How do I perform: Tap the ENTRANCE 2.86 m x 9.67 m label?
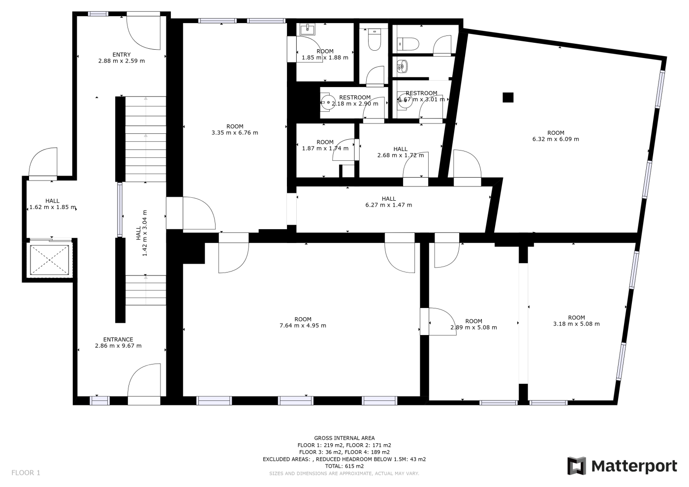119,342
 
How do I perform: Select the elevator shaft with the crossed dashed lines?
49,260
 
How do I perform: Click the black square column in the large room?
508,97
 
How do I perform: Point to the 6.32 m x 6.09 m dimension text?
556,139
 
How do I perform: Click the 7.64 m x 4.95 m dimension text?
303,326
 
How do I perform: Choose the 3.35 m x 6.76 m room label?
235,129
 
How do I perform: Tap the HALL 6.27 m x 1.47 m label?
388,202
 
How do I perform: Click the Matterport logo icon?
577,466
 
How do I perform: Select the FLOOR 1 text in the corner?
26,473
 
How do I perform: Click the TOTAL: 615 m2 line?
344,466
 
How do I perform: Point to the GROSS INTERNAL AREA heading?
344,438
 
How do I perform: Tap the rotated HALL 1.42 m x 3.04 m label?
142,233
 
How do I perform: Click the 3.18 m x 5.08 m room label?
576,321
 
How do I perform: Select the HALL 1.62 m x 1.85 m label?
52,204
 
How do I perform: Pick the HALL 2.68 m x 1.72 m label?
401,152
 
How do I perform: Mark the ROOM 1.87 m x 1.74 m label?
325,145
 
